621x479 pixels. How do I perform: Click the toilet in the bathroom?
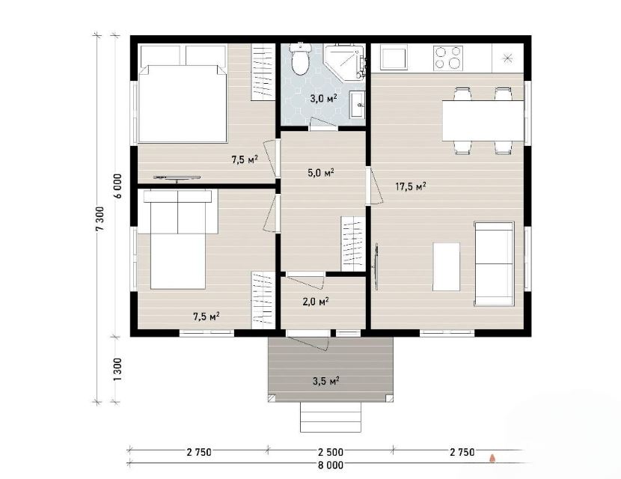coord(300,58)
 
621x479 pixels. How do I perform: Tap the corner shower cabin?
coord(343,62)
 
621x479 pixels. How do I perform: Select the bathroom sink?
coord(357,104)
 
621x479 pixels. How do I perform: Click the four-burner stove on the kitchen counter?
coord(448,58)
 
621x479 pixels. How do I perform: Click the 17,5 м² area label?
coord(411,186)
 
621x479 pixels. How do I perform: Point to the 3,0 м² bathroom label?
coord(323,98)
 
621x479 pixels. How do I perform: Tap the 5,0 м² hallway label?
coord(321,173)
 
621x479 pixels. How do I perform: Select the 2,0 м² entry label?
coord(316,302)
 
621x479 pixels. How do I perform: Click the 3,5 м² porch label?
coord(326,381)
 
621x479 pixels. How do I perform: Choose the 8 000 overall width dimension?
coord(330,465)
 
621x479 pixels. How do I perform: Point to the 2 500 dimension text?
coord(330,451)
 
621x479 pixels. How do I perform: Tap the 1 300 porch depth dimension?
coord(117,369)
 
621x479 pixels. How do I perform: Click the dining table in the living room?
coord(483,120)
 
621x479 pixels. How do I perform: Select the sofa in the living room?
coord(494,263)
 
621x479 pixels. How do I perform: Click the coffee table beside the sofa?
coord(447,266)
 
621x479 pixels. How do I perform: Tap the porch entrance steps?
coord(331,417)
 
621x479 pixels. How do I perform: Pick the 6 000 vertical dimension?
coord(117,186)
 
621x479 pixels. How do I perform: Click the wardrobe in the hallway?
coord(353,244)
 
